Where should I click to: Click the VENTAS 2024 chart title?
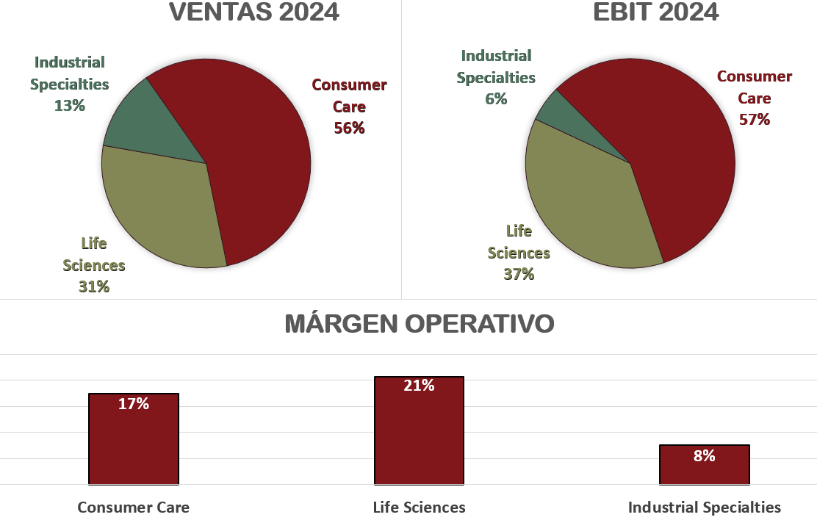pos(254,12)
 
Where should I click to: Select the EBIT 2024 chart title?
pos(655,12)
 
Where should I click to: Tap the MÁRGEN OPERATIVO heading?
pos(419,324)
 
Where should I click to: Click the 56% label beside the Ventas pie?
pos(349,128)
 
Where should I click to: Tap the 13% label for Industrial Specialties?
pos(70,105)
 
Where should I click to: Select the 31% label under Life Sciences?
pos(94,286)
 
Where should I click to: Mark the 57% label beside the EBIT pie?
pos(755,119)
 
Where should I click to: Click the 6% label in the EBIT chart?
pos(496,98)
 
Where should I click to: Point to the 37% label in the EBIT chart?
pos(519,274)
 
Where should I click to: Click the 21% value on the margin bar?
pos(419,386)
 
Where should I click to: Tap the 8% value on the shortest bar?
pos(704,455)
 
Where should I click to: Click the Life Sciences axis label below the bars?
pos(419,507)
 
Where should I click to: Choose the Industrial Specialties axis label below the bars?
pos(704,507)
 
